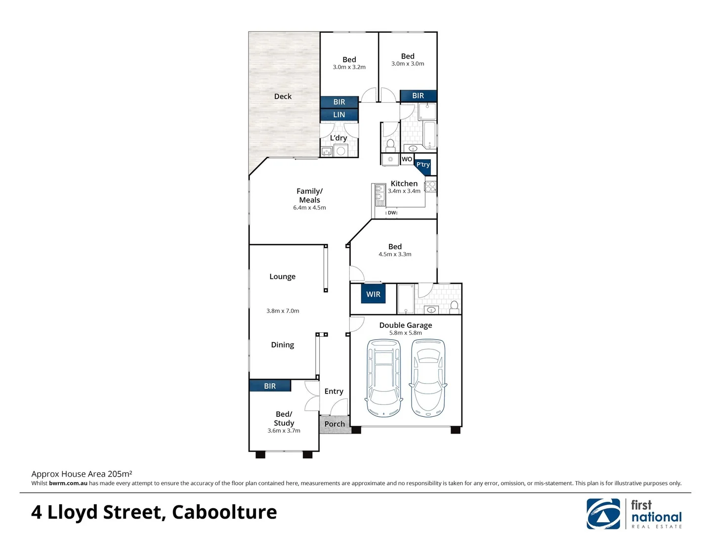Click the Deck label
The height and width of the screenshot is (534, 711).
283,96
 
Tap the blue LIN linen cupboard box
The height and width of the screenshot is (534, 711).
339,115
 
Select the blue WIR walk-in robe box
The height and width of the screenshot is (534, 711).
373,294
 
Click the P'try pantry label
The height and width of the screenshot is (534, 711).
423,165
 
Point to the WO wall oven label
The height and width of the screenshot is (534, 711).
407,159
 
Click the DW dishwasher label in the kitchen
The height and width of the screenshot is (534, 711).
392,213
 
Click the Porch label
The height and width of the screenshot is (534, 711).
335,424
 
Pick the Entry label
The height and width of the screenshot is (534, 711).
334,391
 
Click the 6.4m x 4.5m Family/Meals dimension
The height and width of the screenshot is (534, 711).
309,208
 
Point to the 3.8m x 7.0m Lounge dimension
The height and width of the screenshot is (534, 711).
283,311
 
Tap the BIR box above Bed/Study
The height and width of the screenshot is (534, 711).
270,386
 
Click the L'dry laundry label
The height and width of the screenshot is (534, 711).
338,138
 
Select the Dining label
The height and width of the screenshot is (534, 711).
282,345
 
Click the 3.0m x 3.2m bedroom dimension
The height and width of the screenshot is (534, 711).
349,67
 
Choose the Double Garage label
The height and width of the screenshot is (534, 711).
405,325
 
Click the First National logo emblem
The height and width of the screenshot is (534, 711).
603,514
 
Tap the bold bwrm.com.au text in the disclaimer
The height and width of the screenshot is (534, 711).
68,484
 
